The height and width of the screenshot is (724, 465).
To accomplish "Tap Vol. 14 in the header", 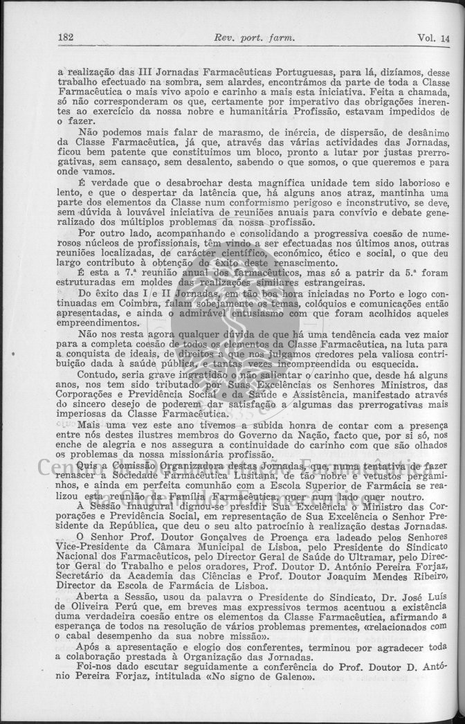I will (433, 39).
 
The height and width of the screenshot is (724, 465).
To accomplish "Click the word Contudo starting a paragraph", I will (99, 372).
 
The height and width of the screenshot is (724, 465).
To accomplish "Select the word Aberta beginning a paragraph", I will (98, 597).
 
